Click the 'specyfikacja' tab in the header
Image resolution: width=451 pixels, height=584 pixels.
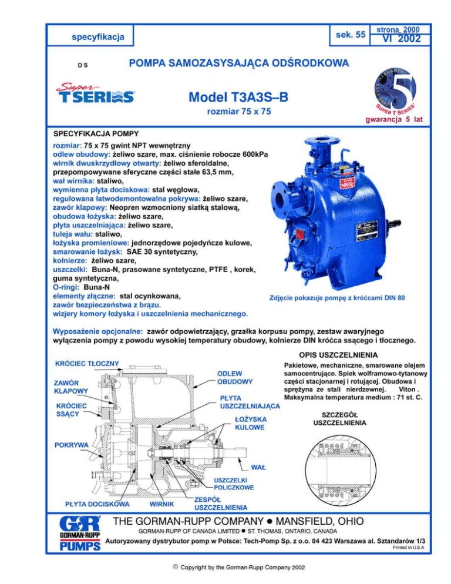tap(90, 36)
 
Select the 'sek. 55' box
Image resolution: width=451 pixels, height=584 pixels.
tap(350, 35)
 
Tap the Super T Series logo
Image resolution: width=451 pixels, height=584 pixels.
tap(96, 93)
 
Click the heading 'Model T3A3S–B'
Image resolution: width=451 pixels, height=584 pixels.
tap(238, 97)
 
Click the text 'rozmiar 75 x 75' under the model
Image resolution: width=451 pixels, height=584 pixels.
tap(239, 112)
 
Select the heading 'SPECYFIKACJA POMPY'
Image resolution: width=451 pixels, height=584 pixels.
tap(96, 133)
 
